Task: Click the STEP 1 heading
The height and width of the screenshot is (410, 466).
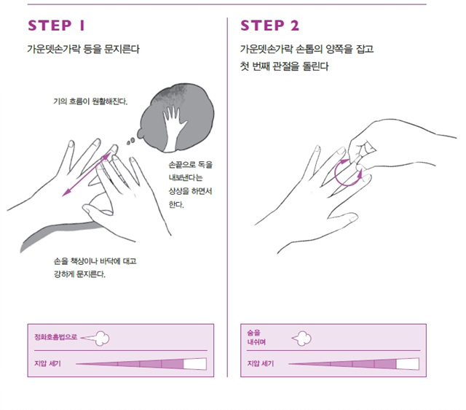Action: click(57, 26)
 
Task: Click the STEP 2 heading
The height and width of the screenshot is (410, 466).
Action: click(270, 26)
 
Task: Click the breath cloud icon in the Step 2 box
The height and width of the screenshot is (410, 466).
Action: click(301, 339)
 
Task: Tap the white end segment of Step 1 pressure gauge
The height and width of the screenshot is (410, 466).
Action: click(195, 364)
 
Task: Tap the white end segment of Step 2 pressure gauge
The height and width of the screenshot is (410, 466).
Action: click(408, 364)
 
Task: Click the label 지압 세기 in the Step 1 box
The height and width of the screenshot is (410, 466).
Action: click(47, 363)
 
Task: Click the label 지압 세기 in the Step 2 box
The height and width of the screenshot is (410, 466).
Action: click(261, 363)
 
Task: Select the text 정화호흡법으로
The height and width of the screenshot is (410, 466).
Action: click(55, 337)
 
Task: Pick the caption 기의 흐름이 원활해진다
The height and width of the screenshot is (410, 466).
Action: click(90, 101)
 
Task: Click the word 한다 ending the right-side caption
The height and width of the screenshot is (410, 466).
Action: click(176, 204)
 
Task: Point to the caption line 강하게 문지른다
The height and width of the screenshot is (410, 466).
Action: click(79, 274)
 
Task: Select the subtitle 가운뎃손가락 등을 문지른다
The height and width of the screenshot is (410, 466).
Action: click(84, 49)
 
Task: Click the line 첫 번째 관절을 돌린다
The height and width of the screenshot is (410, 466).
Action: click(285, 66)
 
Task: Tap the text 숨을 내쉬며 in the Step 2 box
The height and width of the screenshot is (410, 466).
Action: click(256, 337)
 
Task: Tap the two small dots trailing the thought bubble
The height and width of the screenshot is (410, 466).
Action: click(130, 141)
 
